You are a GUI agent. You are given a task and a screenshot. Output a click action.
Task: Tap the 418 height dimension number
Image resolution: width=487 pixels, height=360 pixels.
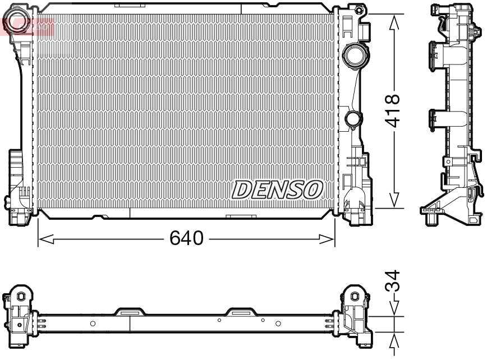[393, 111]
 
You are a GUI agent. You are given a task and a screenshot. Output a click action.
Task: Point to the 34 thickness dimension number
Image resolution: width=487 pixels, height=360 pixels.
[393, 281]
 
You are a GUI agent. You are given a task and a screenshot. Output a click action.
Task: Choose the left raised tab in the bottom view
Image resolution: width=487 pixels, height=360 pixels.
[130, 311]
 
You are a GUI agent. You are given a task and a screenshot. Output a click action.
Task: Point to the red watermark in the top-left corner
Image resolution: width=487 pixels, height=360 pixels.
[28, 26]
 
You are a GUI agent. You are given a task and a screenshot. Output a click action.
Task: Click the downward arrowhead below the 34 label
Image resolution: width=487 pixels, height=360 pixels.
[394, 309]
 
